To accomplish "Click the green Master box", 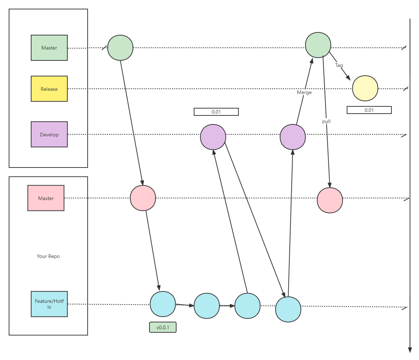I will [49, 48].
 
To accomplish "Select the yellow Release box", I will [49, 89].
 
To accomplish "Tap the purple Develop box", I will [49, 135].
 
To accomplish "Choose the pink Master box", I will [46, 198].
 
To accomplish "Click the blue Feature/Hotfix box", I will [49, 304].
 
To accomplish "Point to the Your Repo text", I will [48, 256].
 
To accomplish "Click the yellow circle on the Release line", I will [365, 88].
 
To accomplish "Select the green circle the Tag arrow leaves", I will [318, 45].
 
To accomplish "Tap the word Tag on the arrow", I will [339, 65].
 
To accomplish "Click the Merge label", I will [304, 92].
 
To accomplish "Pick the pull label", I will [326, 121].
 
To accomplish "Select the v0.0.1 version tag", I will [163, 327].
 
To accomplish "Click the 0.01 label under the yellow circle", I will [369, 110].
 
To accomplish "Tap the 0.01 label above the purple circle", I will [216, 112].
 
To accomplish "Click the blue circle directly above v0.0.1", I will [163, 304].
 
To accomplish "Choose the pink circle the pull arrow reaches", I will [330, 200].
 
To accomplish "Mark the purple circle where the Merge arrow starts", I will [293, 137].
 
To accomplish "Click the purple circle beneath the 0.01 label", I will [213, 137].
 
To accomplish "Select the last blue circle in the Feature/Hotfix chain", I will [288, 309].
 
